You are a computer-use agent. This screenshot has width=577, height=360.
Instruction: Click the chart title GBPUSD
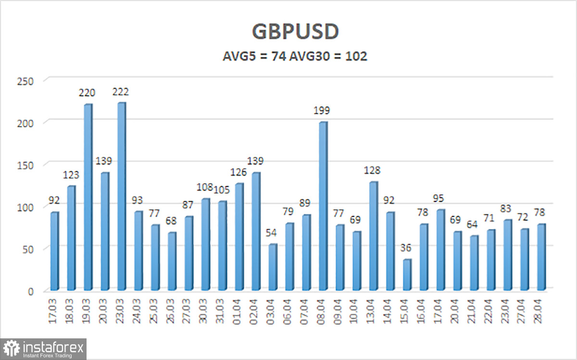[x=295, y=32]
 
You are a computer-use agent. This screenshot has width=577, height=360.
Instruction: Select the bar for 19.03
[x=88, y=197]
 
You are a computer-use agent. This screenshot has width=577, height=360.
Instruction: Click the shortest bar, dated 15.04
[x=407, y=274]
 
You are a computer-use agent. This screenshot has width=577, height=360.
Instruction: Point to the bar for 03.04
[x=273, y=267]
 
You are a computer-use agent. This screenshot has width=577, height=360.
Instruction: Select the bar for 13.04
[x=373, y=236]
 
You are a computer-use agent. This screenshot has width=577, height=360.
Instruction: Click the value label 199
[x=322, y=111]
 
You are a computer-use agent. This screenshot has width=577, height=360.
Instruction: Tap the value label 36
[x=407, y=248]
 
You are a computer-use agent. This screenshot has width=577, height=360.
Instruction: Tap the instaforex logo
[x=44, y=348]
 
